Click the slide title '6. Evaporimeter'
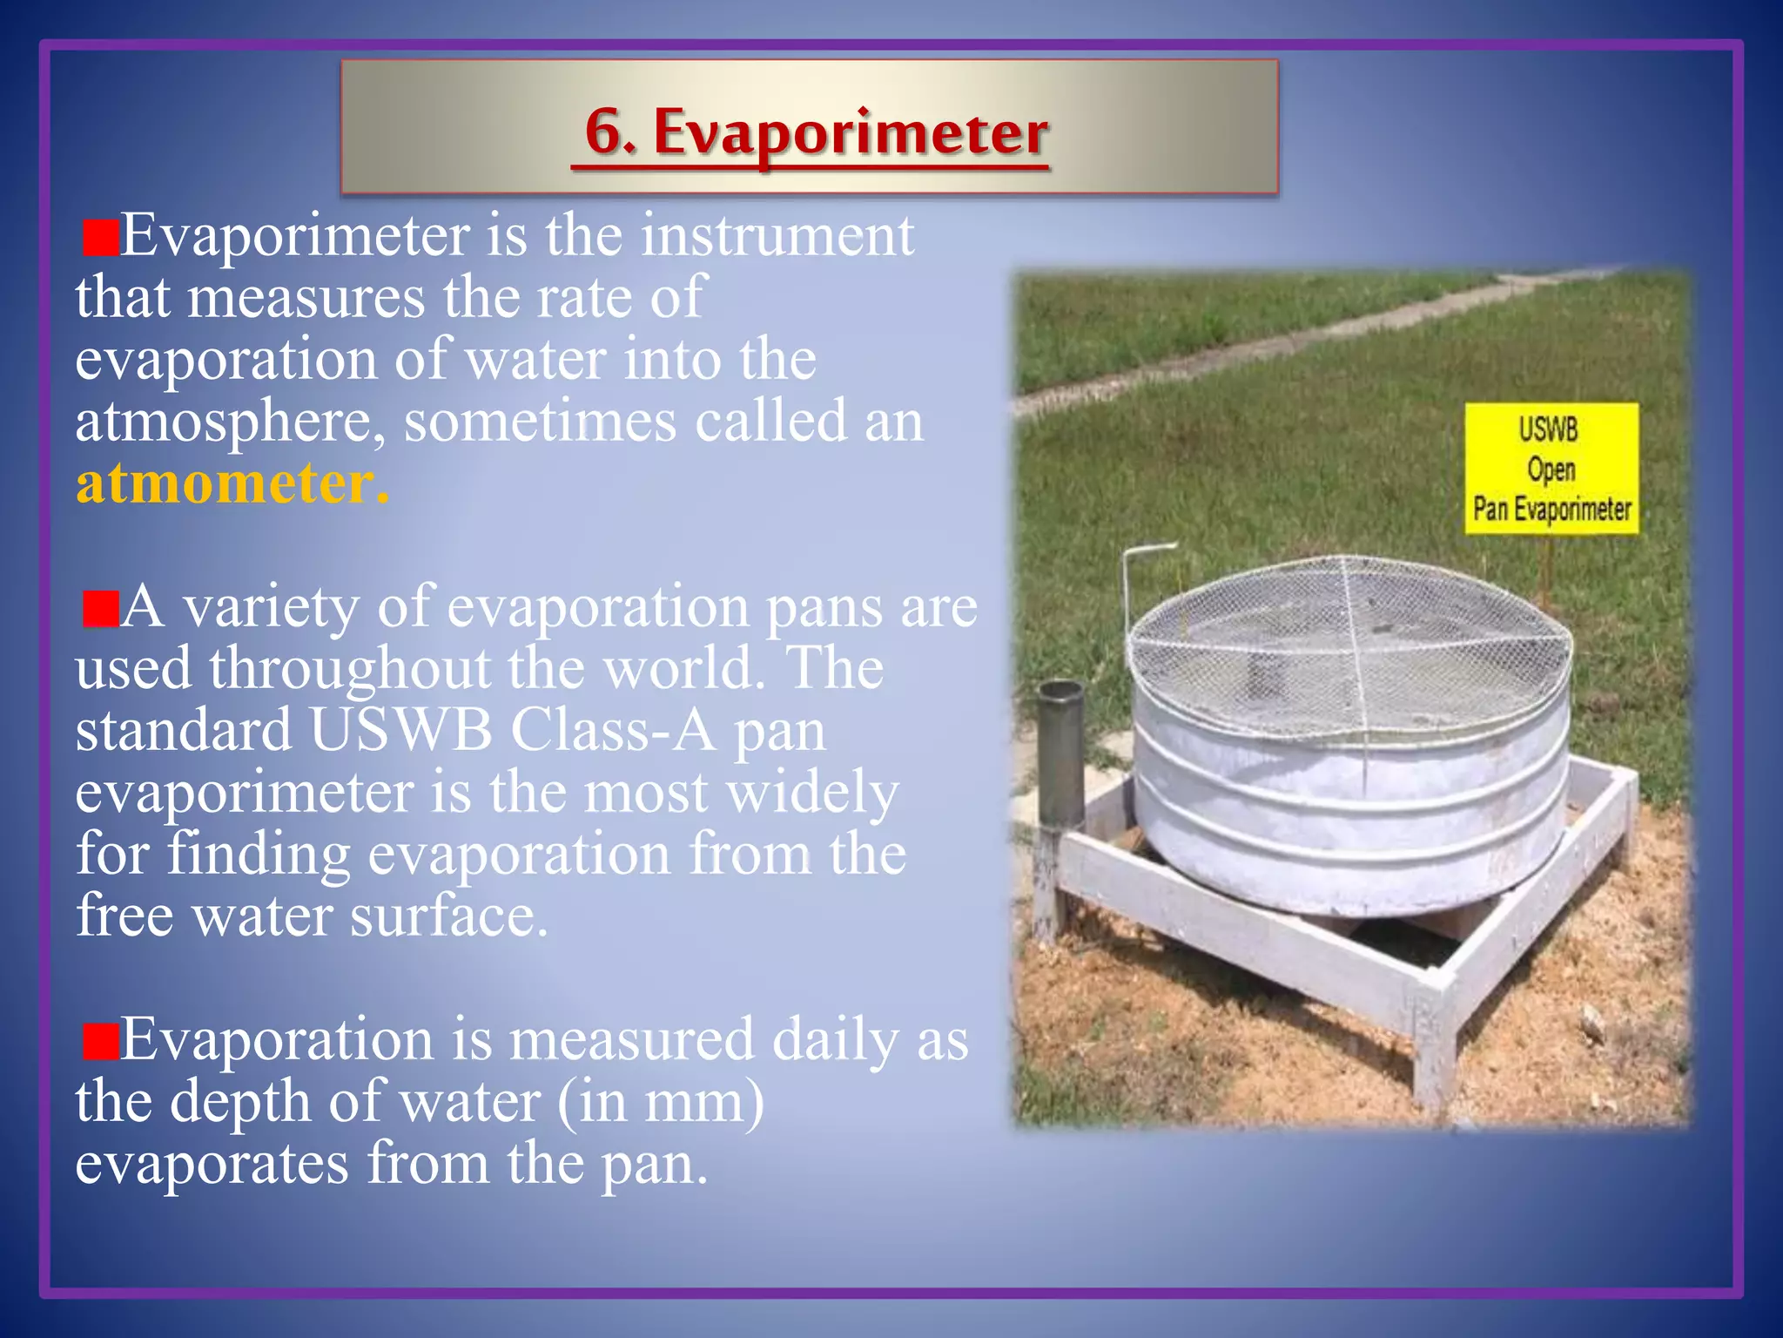click(x=816, y=132)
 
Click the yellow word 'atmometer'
click(x=225, y=483)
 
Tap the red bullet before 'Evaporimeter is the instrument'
click(x=100, y=237)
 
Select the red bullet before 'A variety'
click(x=100, y=609)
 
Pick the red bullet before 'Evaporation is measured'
click(x=100, y=1041)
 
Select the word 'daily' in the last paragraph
click(x=835, y=1040)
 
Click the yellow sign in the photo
click(x=1551, y=468)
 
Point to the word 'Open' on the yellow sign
click(x=1551, y=470)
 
